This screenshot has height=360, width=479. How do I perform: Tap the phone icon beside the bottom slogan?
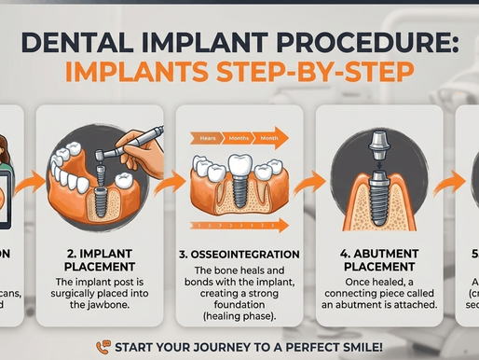(103, 346)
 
